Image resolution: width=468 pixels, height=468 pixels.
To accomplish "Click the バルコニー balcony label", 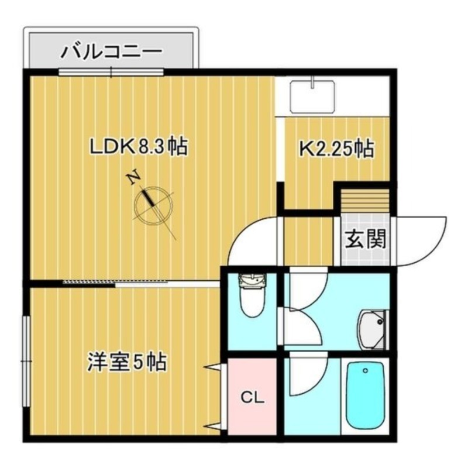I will [x=111, y=51].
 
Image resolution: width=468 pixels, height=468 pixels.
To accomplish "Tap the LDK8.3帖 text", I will [x=138, y=147].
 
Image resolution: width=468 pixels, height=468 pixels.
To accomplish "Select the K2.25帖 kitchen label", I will [x=336, y=149].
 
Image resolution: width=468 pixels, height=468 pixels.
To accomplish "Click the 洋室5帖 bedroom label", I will [x=127, y=362].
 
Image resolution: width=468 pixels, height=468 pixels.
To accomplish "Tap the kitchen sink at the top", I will [x=314, y=95].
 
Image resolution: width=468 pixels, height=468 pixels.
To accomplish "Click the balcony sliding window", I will [x=111, y=72].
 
